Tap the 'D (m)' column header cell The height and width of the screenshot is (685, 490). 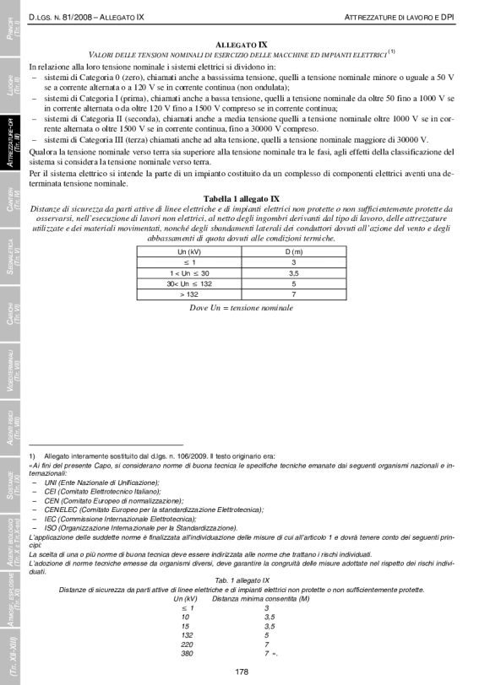pyautogui.click(x=293, y=251)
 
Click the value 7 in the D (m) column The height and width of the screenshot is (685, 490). pyautogui.click(x=293, y=295)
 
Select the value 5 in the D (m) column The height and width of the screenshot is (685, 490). pyautogui.click(x=293, y=283)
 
